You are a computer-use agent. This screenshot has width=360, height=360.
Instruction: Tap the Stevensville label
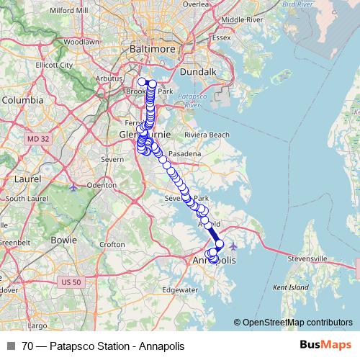click(308, 257)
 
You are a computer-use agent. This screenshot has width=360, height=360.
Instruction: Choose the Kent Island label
click(290, 287)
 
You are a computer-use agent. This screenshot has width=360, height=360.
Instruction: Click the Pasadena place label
click(184, 155)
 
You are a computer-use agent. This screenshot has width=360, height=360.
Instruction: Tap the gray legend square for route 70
click(10, 346)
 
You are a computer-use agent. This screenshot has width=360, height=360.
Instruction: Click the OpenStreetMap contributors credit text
click(297, 323)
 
